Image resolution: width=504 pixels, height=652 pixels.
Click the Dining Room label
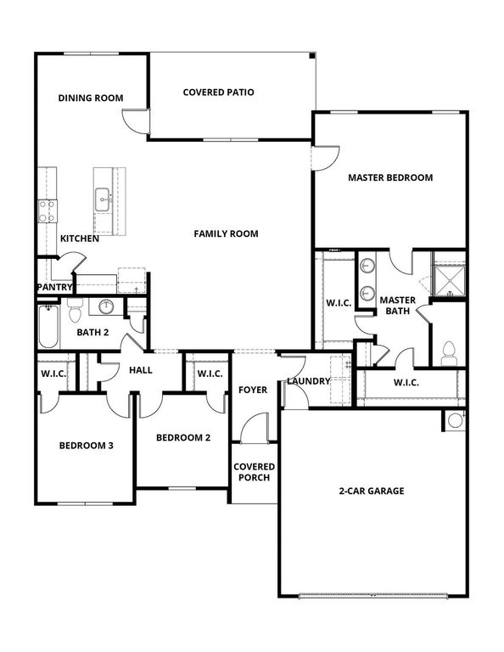(x=91, y=98)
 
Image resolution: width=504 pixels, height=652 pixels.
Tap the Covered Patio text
(x=219, y=92)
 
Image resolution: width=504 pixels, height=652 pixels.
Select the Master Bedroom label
(x=390, y=177)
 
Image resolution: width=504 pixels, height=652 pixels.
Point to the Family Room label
(x=226, y=233)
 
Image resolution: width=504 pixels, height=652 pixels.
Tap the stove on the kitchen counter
(x=46, y=210)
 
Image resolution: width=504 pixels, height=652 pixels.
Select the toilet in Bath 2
(x=75, y=312)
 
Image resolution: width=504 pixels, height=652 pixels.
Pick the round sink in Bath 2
(x=108, y=306)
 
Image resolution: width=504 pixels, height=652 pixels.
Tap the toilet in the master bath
(x=450, y=352)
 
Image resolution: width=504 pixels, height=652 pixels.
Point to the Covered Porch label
(x=254, y=472)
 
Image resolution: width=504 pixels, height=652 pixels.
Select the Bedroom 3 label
(x=86, y=445)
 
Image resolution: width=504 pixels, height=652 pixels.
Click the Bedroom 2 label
(x=182, y=437)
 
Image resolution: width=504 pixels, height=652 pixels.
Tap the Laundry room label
(x=308, y=381)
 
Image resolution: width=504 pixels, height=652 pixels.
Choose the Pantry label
(x=53, y=287)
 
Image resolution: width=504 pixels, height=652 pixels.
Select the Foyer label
(x=252, y=390)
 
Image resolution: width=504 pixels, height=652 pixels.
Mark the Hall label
(x=140, y=370)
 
